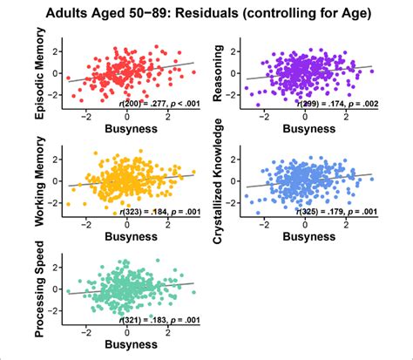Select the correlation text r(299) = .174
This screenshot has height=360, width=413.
point(335,105)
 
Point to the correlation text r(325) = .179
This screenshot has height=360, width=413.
point(335,213)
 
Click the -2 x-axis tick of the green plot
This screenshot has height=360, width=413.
point(85,332)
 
